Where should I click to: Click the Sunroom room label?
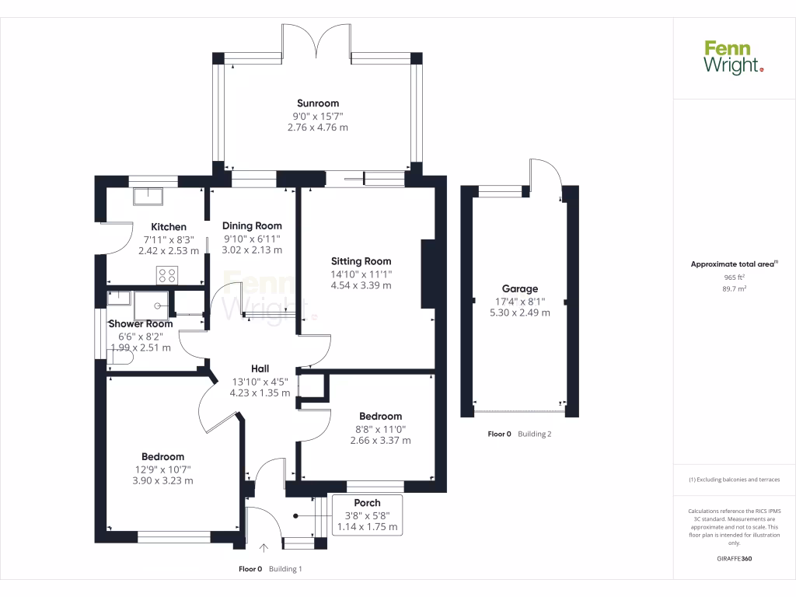coord(317,103)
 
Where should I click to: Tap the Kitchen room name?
coord(168,227)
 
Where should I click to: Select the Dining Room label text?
coord(252,225)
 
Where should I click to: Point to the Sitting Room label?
coord(361,261)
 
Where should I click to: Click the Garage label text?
coord(519,288)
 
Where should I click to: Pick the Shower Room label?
coord(140,323)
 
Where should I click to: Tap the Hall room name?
coord(260,368)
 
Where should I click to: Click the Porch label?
coord(367,503)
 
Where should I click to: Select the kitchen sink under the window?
coord(148,195)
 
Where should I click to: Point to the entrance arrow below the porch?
coord(264,548)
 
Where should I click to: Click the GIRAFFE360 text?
coord(735,558)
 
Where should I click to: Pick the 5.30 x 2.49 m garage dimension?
coord(519,312)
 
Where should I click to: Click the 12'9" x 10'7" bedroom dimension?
coord(162,469)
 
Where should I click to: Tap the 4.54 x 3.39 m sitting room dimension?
coord(361,285)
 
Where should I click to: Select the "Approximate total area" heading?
coord(733,264)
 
